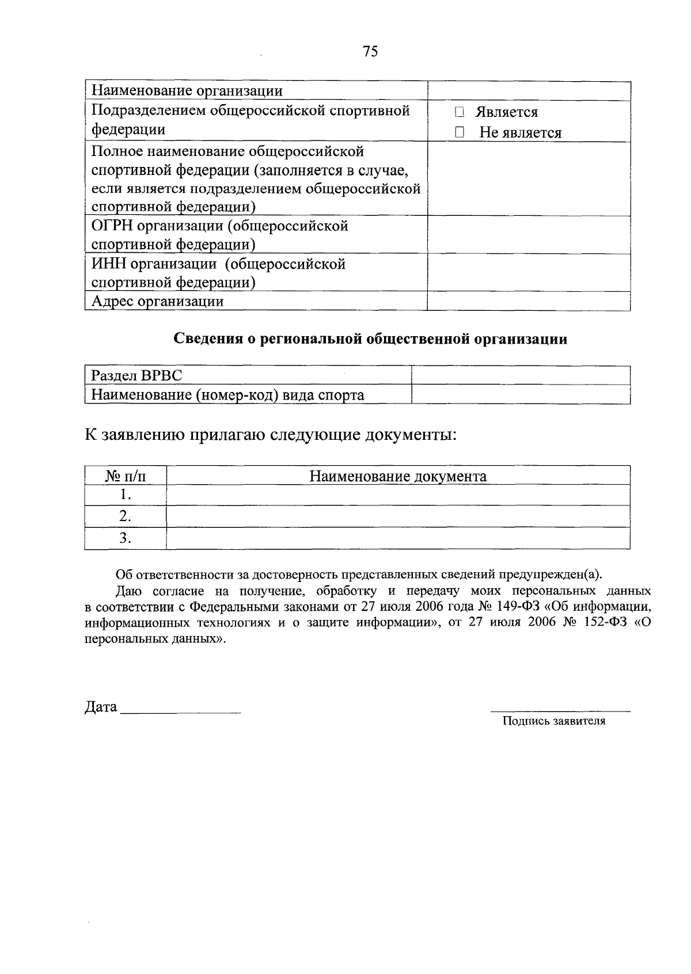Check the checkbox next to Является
(x=459, y=112)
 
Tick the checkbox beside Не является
(x=459, y=132)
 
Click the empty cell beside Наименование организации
(x=529, y=91)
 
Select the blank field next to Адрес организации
(x=529, y=301)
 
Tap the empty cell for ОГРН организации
(x=529, y=235)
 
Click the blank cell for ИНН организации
(x=529, y=273)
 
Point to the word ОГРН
(x=109, y=226)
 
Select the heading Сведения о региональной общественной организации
(x=370, y=339)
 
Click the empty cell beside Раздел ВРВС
(x=521, y=375)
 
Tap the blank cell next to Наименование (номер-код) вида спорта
(x=521, y=395)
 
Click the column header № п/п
(x=126, y=476)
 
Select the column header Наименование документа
(x=398, y=476)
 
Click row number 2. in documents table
(x=126, y=516)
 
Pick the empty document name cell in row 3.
(x=398, y=538)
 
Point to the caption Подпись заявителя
(x=554, y=721)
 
